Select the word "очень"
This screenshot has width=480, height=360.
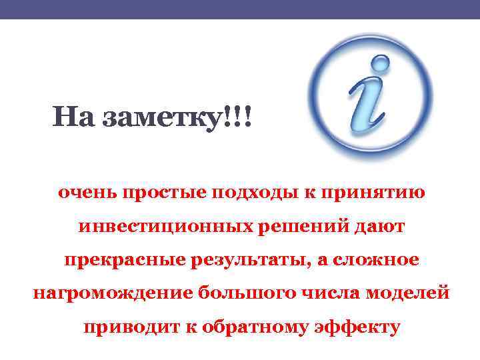pyautogui.click(x=85, y=193)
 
